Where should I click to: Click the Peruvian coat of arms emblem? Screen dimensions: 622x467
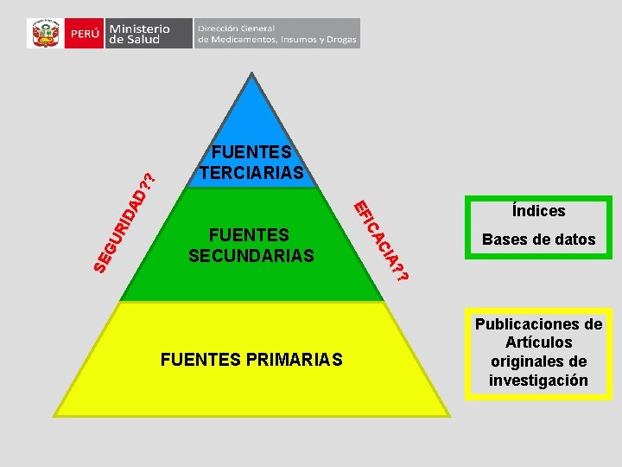(44, 34)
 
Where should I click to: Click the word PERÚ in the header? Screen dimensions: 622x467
(85, 34)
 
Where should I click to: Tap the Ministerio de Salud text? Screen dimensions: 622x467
(139, 34)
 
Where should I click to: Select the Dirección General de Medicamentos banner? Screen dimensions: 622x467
(276, 34)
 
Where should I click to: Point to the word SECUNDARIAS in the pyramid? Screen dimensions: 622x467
(251, 256)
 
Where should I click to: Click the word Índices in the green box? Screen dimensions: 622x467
(538, 211)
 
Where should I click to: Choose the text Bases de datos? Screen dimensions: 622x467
(538, 240)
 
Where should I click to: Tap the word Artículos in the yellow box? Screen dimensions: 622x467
(538, 343)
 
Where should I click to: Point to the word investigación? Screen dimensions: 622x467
(538, 381)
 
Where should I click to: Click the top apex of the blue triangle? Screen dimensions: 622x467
(251, 75)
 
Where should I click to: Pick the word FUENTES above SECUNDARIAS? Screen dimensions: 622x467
(249, 236)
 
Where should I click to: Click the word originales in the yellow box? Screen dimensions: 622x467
(528, 361)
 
